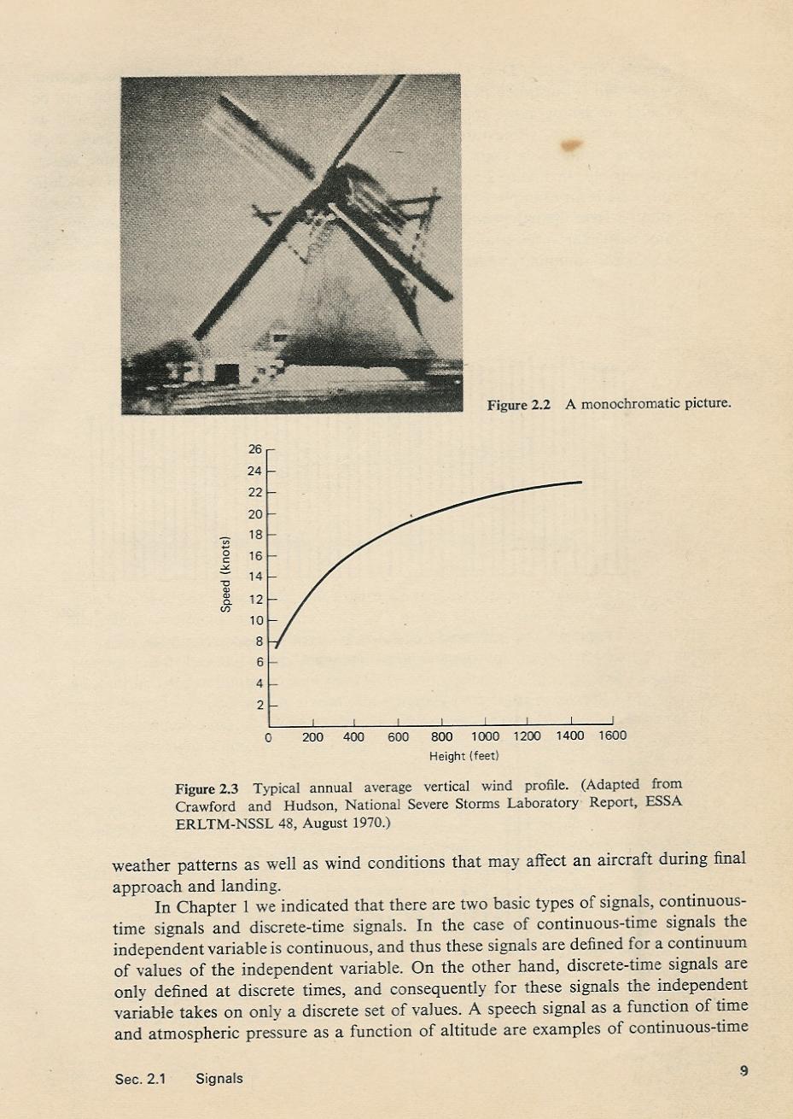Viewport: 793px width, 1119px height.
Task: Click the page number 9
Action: (x=743, y=1070)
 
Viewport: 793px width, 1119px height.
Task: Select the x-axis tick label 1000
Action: (x=485, y=736)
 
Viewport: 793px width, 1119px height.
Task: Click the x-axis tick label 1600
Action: (x=612, y=735)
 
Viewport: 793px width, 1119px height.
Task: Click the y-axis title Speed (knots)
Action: (x=226, y=573)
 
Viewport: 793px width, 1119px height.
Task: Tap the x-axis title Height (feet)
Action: (x=464, y=756)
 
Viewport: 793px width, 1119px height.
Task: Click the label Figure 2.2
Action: (x=518, y=404)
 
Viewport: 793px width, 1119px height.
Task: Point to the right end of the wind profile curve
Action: (x=580, y=483)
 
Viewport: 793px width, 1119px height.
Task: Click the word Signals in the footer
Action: (x=219, y=1079)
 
